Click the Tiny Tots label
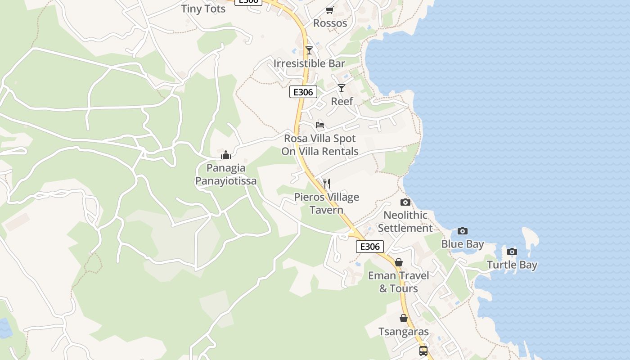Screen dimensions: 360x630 [203, 9]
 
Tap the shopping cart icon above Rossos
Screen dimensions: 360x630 [330, 10]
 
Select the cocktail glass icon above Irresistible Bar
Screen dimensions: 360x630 [309, 50]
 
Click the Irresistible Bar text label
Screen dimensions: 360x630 [309, 63]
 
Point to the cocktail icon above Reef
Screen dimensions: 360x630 [342, 88]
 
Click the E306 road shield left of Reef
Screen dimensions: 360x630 [303, 92]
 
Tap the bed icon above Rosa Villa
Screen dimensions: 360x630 [320, 125]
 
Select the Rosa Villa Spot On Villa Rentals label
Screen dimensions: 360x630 [320, 145]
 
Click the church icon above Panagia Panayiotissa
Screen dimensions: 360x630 [226, 155]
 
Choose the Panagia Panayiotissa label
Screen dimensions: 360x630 [226, 175]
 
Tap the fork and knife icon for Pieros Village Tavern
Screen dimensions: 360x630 [327, 184]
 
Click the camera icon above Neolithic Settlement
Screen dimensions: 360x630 [405, 202]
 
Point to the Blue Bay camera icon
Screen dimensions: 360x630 [463, 231]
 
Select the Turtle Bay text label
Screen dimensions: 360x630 [512, 265]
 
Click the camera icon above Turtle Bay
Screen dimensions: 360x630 [512, 252]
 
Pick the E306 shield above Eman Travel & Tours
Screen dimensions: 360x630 [370, 247]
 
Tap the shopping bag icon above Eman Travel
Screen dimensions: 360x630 [398, 262]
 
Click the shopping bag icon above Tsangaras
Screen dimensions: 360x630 [404, 318]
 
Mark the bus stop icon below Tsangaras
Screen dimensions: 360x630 [423, 351]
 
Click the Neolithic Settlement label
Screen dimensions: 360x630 [405, 221]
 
